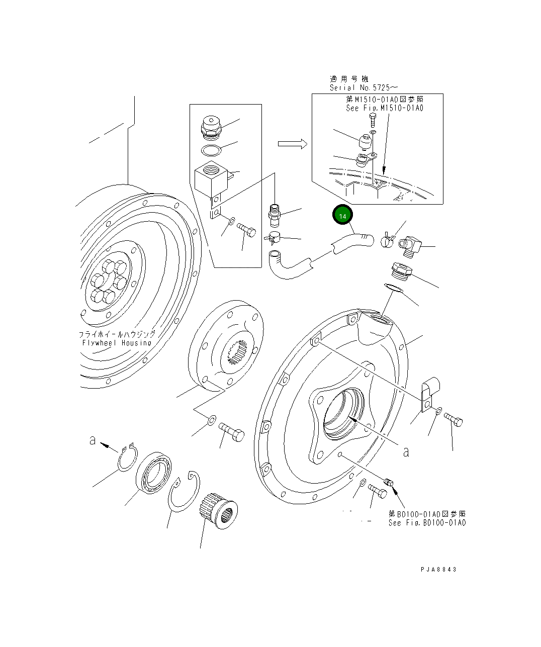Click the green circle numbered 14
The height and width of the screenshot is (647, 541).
pos(343,216)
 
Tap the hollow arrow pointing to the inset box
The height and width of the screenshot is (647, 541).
pos(292,144)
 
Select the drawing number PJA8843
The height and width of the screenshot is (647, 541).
pos(439,570)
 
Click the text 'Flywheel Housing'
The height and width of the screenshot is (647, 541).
pos(116,343)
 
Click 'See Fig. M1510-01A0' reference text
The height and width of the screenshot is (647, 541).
pos(384,108)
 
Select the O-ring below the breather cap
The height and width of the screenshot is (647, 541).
pos(211,150)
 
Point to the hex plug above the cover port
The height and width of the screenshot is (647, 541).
pos(401,271)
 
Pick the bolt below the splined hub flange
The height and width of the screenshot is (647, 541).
pos(231,431)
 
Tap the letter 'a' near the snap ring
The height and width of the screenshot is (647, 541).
pos(93,440)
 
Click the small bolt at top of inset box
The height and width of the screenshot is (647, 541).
pos(372,120)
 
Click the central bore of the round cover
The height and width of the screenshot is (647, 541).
pos(343,412)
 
